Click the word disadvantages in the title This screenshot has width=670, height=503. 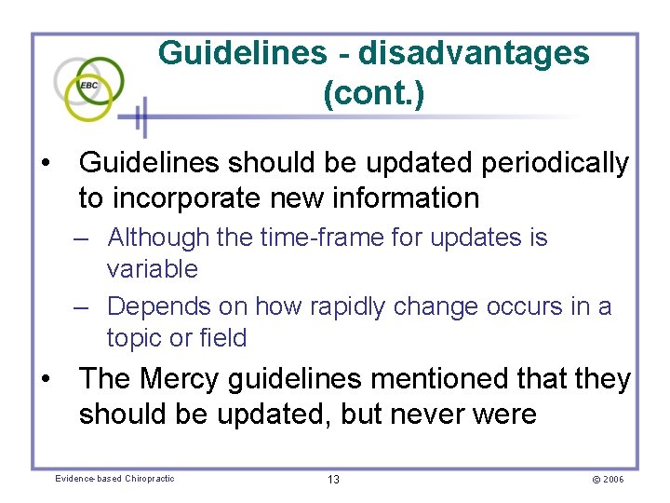tap(474, 53)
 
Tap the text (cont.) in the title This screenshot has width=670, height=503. tap(374, 94)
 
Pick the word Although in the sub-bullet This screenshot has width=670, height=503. tap(158, 238)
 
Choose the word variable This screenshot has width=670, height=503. tap(153, 269)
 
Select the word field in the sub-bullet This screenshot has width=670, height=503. tap(223, 338)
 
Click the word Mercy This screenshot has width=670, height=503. tap(180, 379)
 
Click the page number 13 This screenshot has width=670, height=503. tap(333, 479)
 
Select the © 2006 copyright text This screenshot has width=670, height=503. tap(607, 479)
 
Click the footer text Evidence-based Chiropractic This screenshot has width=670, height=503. tap(114, 479)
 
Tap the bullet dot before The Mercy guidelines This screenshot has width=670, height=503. tap(45, 380)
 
